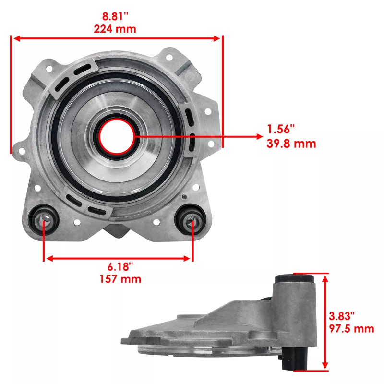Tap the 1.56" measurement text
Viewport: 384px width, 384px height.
(x=281, y=130)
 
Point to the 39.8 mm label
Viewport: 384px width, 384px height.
(x=291, y=143)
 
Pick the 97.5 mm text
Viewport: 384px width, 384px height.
(x=352, y=329)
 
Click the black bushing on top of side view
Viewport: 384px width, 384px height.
(x=294, y=278)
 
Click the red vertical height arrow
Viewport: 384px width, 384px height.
(x=326, y=322)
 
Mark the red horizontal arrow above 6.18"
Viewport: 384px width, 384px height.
(x=118, y=258)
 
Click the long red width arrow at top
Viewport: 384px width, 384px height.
(x=117, y=38)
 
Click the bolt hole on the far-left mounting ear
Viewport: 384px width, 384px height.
(x=22, y=151)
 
